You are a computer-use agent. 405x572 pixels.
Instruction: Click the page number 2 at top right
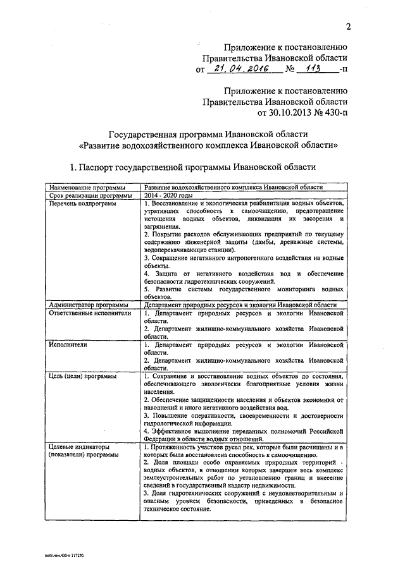[348, 26]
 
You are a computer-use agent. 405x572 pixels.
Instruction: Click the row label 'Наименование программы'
[84, 188]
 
